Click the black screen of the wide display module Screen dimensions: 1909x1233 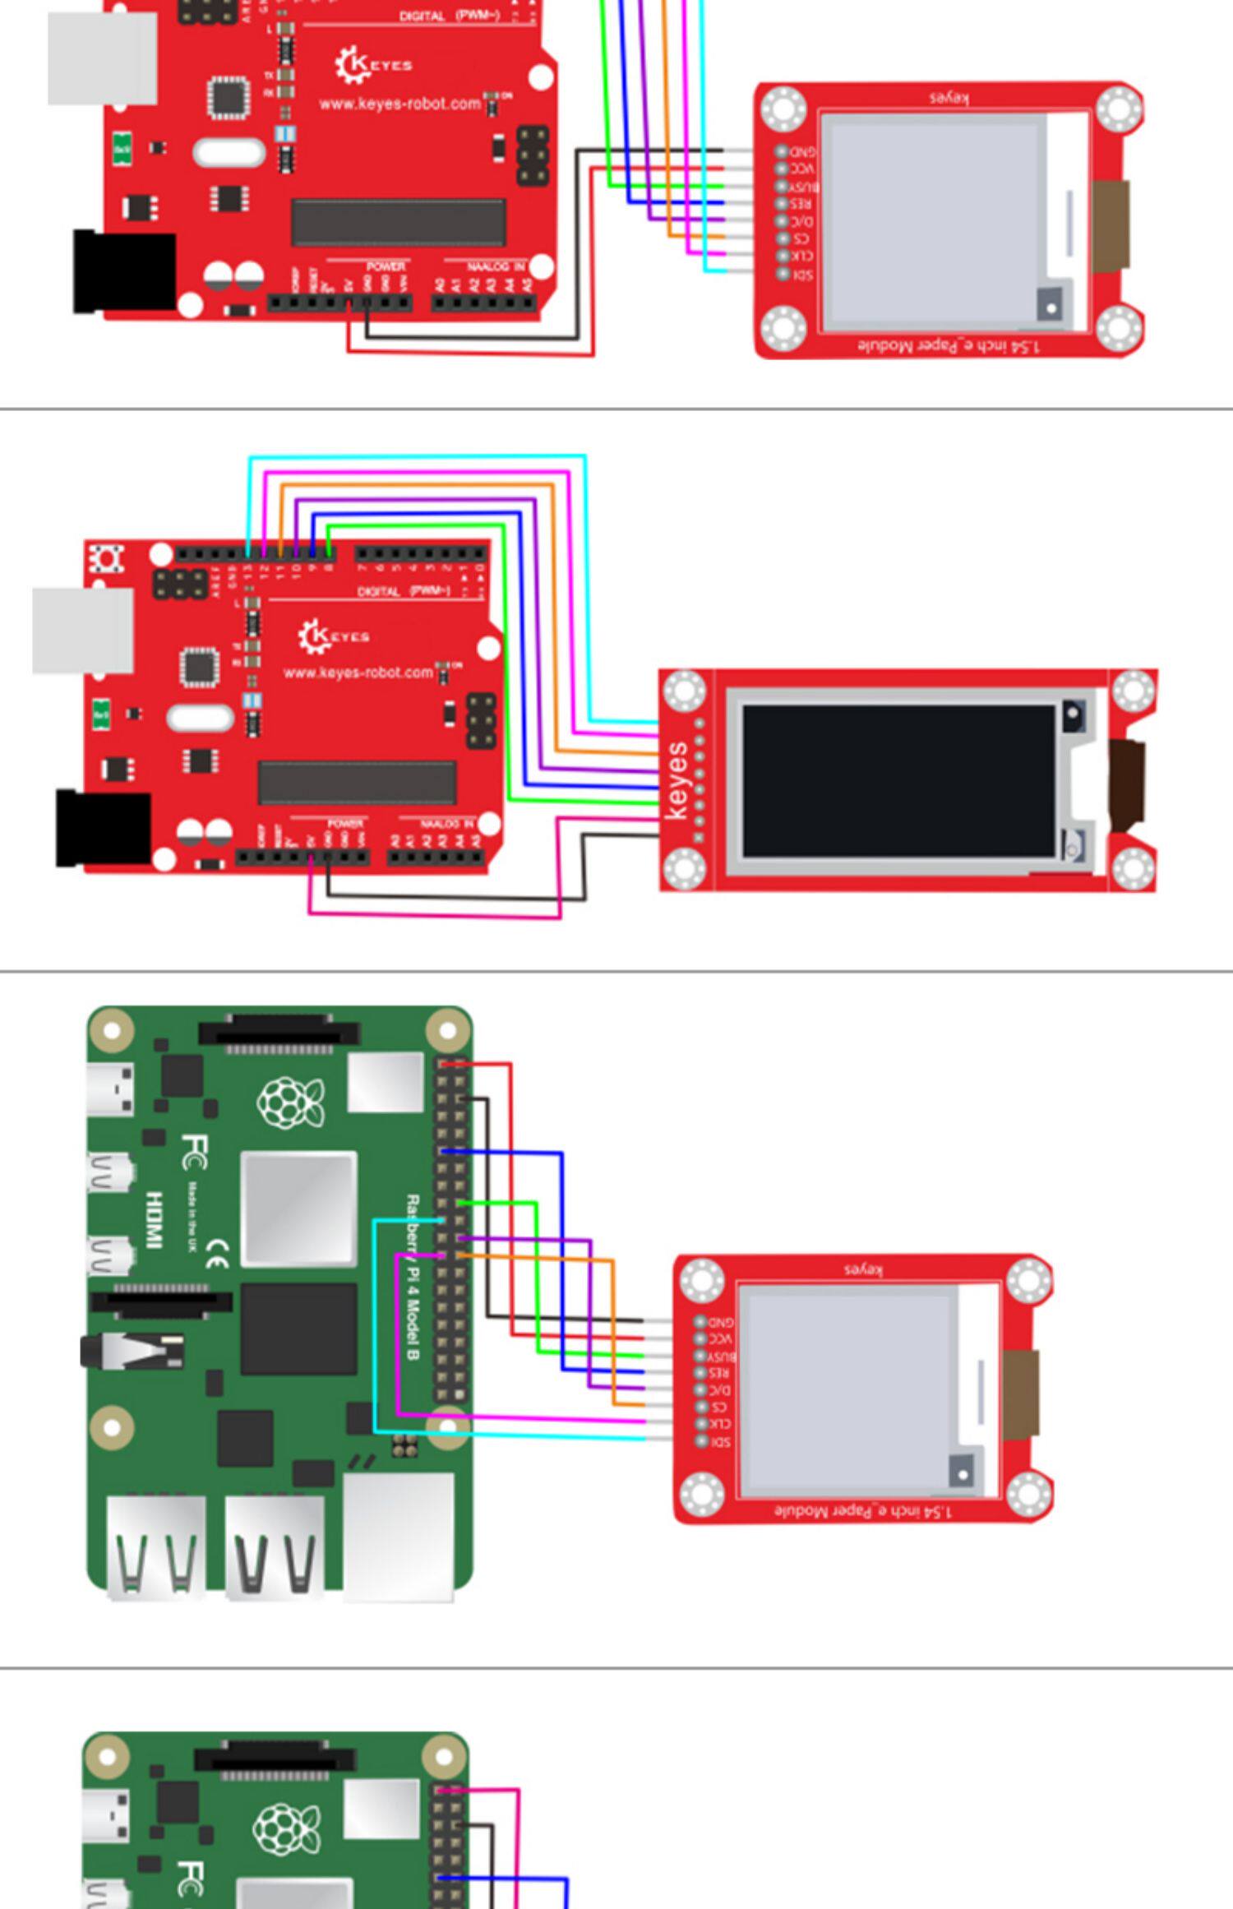pos(898,781)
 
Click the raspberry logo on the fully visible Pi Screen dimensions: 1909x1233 pos(291,1102)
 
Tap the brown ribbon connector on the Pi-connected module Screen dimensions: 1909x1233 pos(1021,1394)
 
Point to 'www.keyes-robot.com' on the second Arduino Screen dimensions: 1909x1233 pos(358,673)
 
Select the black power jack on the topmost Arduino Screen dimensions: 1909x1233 pos(125,271)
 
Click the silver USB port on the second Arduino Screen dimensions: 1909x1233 pos(83,631)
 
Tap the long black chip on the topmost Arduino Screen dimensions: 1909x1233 pos(399,221)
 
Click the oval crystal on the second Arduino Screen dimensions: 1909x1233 pos(201,718)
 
